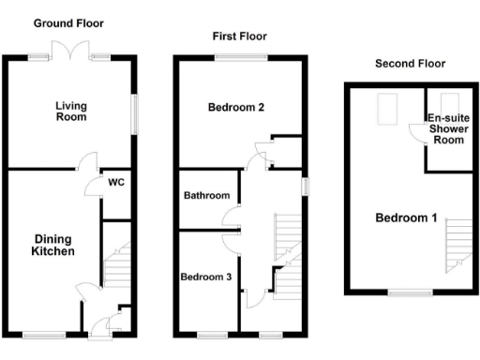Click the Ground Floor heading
[68, 23]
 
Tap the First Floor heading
[239, 37]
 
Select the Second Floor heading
[410, 64]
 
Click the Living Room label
[70, 112]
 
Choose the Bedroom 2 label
[235, 108]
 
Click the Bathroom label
[207, 196]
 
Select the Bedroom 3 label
[204, 277]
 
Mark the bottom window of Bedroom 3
[210, 335]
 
